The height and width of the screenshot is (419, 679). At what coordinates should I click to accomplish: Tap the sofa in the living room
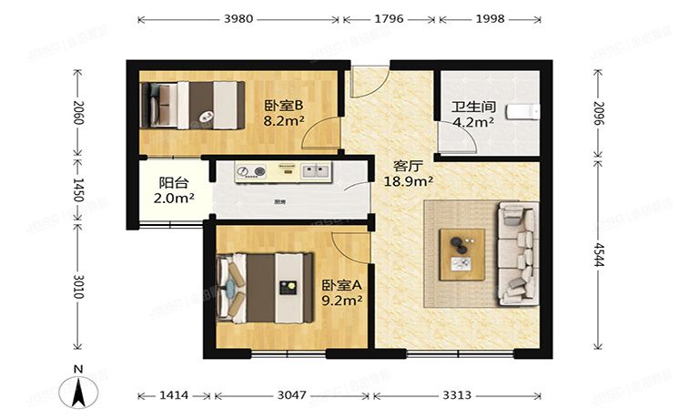pyautogui.click(x=515, y=253)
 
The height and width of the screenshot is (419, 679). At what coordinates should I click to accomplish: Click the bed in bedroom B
pyautogui.click(x=192, y=104)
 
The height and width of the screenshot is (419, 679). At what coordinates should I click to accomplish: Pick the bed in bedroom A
pyautogui.click(x=264, y=286)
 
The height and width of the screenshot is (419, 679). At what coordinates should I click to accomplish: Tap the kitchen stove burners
pyautogui.click(x=251, y=170)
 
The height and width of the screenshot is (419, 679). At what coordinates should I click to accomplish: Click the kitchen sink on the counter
pyautogui.click(x=315, y=169)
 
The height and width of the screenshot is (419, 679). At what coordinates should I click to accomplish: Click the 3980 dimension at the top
pyautogui.click(x=238, y=18)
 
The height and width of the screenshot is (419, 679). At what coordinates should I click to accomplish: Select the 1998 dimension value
pyautogui.click(x=490, y=18)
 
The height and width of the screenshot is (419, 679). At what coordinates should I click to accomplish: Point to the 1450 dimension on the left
pyautogui.click(x=78, y=190)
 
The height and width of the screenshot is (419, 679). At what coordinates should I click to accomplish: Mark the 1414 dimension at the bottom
pyautogui.click(x=173, y=396)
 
